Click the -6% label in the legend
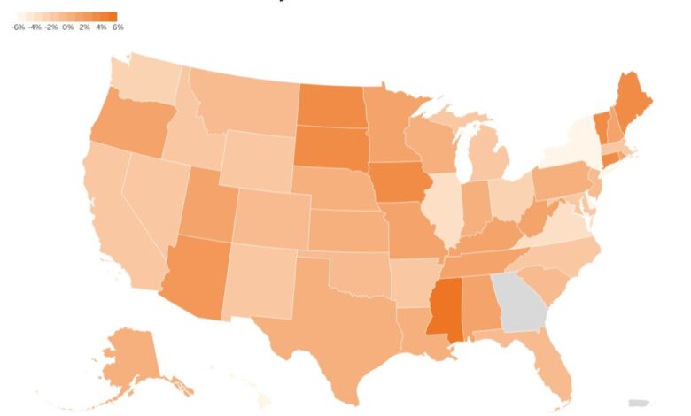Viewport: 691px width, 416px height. pos(18,27)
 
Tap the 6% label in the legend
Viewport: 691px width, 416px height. pos(118,27)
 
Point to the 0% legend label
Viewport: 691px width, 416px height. pos(68,27)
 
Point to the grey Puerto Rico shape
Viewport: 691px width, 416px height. pos(638,403)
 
